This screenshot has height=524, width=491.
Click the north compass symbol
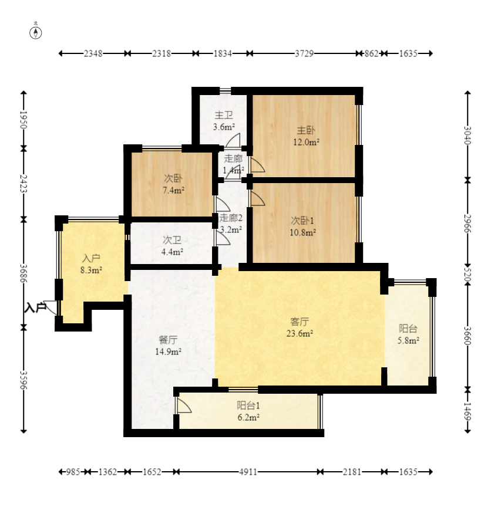pos(36,33)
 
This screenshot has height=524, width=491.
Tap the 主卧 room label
pos(306,130)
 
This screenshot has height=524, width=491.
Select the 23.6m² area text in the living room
pos(300,333)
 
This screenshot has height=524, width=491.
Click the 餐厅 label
pos(168,340)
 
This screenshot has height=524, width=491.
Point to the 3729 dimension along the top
pos(304,53)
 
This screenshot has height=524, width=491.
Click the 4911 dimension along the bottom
pos(248,472)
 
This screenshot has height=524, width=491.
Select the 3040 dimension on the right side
pos(468,136)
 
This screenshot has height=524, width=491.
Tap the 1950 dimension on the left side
pos(23,120)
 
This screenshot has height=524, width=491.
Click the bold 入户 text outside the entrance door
pos(35,307)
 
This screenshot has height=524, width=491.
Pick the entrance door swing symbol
pos(51,307)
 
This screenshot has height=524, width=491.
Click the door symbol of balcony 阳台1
pos(184,405)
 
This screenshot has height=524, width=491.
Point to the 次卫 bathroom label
pos(172,240)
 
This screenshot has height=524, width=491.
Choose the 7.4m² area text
pos(174,190)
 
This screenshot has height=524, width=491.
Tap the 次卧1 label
pos(302,221)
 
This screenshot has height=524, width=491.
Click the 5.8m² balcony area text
pos(408,340)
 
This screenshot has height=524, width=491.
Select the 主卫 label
pos(224,115)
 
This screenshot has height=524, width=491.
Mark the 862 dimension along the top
pos(371,53)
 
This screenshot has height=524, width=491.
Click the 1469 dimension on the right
pos(468,412)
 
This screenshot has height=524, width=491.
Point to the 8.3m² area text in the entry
pos(91,270)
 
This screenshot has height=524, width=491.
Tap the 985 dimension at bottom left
pos(73,472)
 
